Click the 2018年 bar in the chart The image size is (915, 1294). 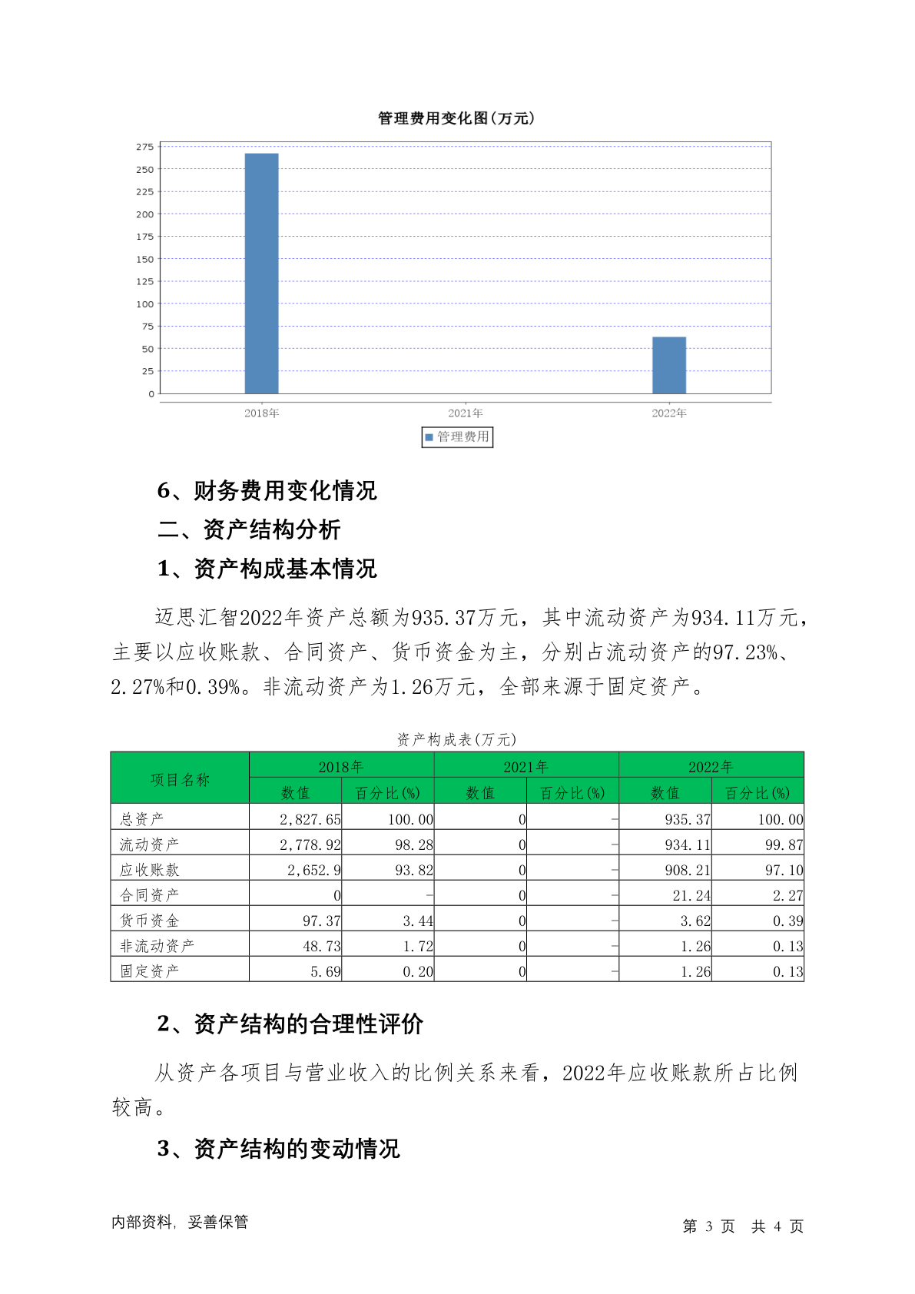point(261,274)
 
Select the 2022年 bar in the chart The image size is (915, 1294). point(669,365)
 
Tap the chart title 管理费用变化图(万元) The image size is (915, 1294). point(456,118)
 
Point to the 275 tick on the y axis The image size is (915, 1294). point(145,147)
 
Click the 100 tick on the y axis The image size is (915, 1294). point(145,304)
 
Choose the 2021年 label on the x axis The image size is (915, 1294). point(466,413)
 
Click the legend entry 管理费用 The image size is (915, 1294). point(457,437)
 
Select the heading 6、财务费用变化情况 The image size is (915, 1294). point(267,490)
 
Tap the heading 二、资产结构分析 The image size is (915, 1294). point(249,529)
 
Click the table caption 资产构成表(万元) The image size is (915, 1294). point(456,739)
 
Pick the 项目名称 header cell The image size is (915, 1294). point(180,779)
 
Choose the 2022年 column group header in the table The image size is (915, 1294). point(711,766)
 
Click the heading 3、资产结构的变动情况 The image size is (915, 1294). point(278,1149)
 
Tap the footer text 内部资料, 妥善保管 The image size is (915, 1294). point(180,1222)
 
